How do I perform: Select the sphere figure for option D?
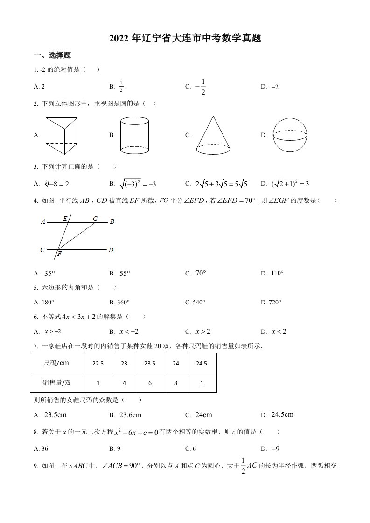(290, 135)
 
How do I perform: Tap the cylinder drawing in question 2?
(135, 135)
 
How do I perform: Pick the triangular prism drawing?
(61, 135)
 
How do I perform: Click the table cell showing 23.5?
(150, 364)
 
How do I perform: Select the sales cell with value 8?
(175, 383)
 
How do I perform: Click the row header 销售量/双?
(56, 383)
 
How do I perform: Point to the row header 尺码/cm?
(56, 364)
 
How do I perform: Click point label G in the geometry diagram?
(96, 218)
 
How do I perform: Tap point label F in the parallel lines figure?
(60, 254)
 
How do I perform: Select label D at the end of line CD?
(111, 250)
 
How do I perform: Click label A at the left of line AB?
(43, 222)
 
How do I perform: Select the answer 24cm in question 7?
(203, 414)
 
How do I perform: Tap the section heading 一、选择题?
(52, 55)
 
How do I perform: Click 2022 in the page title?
(119, 39)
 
